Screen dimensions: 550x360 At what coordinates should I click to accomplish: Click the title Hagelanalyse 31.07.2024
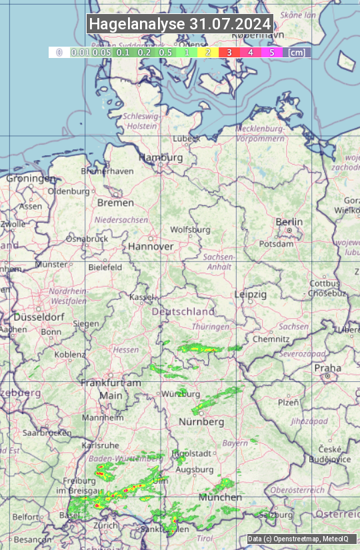coord(180,24)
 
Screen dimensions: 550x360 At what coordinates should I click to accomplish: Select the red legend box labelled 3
coord(229,52)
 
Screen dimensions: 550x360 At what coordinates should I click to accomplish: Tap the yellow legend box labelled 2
coord(208,52)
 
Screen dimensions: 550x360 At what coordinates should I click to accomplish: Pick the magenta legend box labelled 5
coord(271,52)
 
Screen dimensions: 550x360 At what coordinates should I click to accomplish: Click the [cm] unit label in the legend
coord(297,52)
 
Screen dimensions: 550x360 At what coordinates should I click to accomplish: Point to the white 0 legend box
coord(59,52)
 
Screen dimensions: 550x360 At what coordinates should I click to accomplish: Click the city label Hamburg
coord(160,158)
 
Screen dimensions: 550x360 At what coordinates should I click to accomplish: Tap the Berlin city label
coord(289,222)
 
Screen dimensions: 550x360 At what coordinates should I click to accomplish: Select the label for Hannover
coord(151,246)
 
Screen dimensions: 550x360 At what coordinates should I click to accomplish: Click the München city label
coord(220,497)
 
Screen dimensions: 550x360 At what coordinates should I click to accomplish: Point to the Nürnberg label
coord(201,422)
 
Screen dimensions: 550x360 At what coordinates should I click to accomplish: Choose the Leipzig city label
coord(251,294)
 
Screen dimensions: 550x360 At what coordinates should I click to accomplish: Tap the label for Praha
coord(327,368)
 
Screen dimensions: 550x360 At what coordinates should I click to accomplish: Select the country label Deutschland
coord(183,311)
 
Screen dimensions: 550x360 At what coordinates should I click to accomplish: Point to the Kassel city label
coord(142,297)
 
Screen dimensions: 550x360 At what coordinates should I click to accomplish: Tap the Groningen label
coord(31,179)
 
